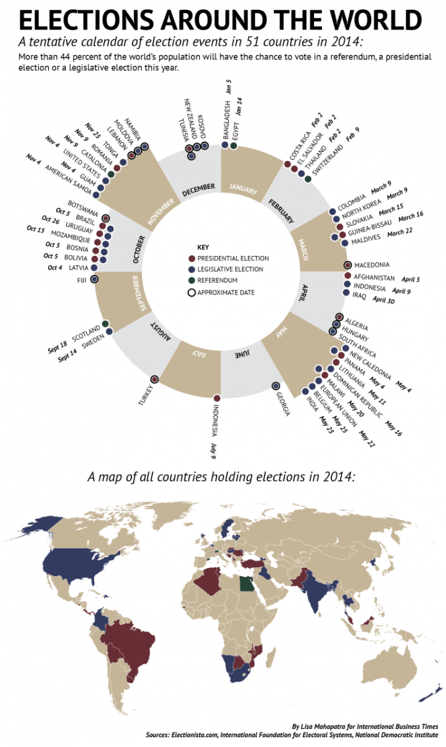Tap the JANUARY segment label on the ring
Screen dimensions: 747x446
pos(242,188)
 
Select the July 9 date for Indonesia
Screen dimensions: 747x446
pos(213,447)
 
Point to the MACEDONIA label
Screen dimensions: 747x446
pos(373,265)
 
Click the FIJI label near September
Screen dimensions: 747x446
pos(81,280)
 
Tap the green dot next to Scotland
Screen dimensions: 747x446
pos(105,324)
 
